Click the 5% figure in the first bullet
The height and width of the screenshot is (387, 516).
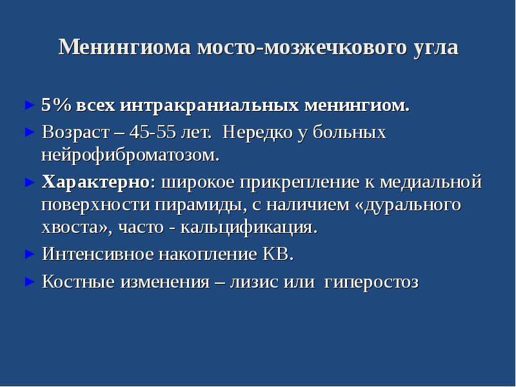click(55, 105)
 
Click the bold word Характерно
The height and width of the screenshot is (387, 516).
click(95, 182)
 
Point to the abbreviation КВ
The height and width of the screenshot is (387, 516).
click(278, 254)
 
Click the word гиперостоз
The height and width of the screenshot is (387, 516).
click(371, 282)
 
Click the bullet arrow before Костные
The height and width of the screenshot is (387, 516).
click(28, 281)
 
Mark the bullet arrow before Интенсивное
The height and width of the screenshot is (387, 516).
click(28, 253)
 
